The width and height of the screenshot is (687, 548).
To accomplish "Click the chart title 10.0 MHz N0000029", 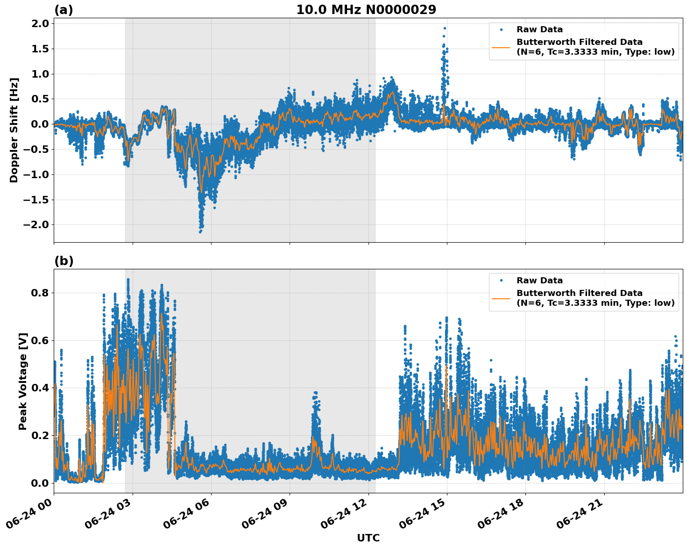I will tap(366, 10).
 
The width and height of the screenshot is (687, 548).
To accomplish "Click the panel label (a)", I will tap(64, 10).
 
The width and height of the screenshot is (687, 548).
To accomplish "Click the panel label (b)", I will tap(64, 261).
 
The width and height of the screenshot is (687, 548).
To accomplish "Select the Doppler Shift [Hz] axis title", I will tap(14, 130).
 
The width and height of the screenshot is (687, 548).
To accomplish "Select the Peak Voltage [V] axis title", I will tap(23, 381).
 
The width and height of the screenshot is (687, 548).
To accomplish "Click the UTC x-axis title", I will tap(368, 538).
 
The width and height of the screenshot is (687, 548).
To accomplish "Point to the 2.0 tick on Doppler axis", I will tap(41, 24).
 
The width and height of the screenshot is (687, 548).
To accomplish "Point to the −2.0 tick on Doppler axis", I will tap(37, 225).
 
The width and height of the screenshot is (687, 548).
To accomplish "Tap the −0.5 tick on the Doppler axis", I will tap(37, 150).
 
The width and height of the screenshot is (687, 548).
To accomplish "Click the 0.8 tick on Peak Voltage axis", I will tap(41, 293).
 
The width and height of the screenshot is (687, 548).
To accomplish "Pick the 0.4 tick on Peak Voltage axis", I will tap(41, 388).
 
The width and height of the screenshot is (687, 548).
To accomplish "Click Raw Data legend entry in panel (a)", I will tap(539, 29).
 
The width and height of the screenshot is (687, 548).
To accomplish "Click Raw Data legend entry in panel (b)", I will tap(539, 281).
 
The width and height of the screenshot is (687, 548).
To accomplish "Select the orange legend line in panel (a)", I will tap(501, 47).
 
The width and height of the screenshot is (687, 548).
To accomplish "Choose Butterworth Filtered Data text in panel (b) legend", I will tap(579, 293).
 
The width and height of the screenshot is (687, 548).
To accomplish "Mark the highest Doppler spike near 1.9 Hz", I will tap(445, 28).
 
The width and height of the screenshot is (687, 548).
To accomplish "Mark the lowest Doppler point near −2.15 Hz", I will tap(200, 231).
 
